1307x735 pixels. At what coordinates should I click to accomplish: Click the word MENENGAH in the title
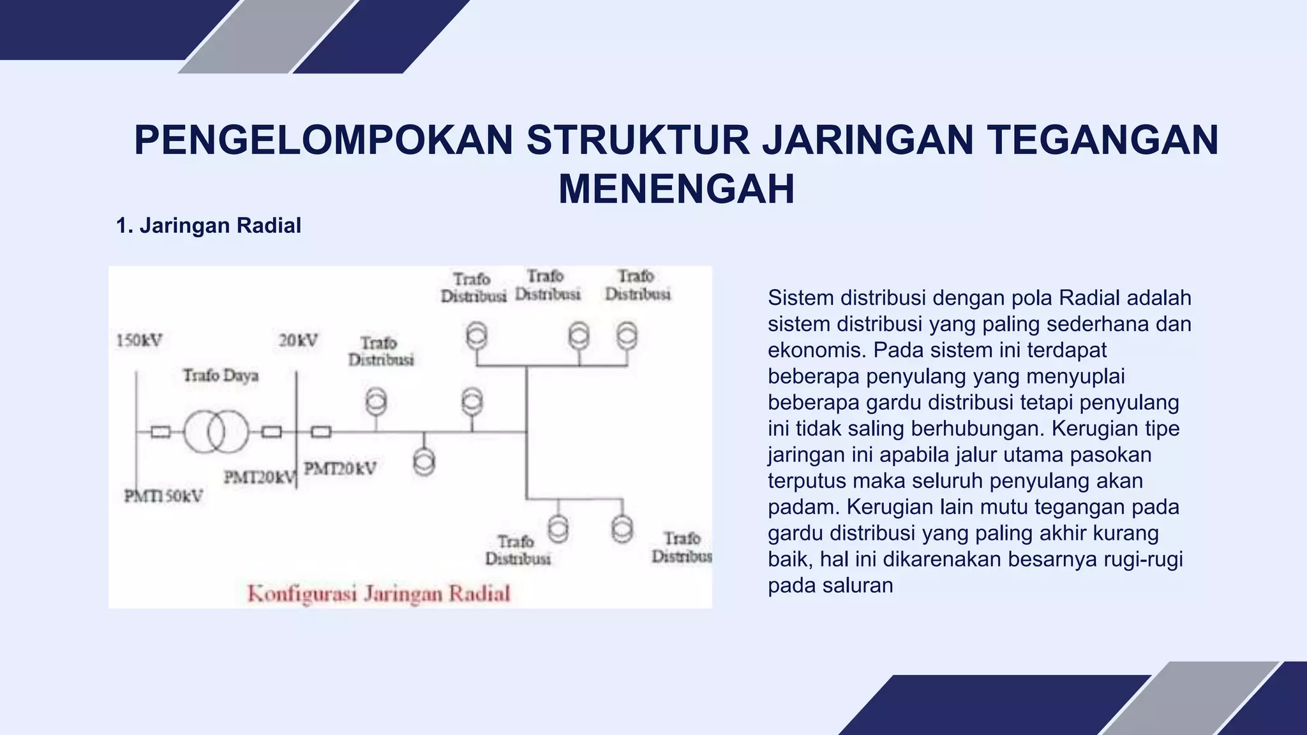click(676, 189)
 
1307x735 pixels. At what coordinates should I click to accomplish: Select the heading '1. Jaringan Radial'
click(208, 226)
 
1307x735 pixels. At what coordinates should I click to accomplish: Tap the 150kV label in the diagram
click(139, 341)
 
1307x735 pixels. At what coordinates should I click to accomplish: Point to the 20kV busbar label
click(298, 341)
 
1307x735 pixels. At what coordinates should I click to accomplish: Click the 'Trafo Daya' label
click(221, 375)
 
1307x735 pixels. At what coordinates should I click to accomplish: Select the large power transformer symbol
click(216, 432)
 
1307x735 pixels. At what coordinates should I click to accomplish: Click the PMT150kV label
click(163, 496)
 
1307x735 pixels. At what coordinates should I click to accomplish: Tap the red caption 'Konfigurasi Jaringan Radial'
click(379, 594)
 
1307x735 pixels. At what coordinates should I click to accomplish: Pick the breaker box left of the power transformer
click(160, 432)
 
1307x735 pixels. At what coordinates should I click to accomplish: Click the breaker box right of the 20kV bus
click(321, 432)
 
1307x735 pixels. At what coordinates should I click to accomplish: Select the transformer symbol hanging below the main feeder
click(424, 461)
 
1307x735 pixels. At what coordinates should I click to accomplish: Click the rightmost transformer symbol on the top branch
click(627, 336)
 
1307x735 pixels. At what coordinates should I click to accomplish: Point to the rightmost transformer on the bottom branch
click(622, 529)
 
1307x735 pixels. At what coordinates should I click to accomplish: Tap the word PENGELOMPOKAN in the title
click(324, 140)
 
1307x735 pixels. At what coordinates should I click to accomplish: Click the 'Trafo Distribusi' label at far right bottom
click(682, 547)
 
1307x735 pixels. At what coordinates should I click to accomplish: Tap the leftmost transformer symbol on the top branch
click(476, 336)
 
